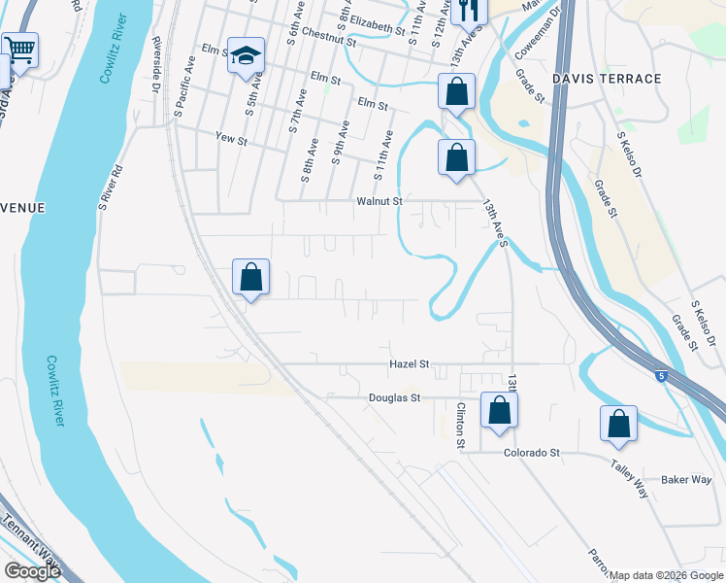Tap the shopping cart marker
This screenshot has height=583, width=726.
(18, 50)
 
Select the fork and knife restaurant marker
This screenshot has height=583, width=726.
(468, 11)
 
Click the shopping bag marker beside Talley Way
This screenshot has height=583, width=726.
(618, 425)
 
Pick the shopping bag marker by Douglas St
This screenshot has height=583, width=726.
(499, 410)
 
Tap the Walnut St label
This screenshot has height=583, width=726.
(379, 201)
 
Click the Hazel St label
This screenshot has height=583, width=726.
(409, 363)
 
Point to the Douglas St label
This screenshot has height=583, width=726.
(394, 397)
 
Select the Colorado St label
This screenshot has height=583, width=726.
(532, 453)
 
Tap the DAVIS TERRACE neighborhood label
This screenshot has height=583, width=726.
(607, 78)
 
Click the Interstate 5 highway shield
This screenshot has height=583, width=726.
(661, 377)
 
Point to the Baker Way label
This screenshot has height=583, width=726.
(686, 479)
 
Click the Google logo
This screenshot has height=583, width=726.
(32, 571)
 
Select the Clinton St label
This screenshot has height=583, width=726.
(461, 425)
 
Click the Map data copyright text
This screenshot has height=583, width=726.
(666, 575)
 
